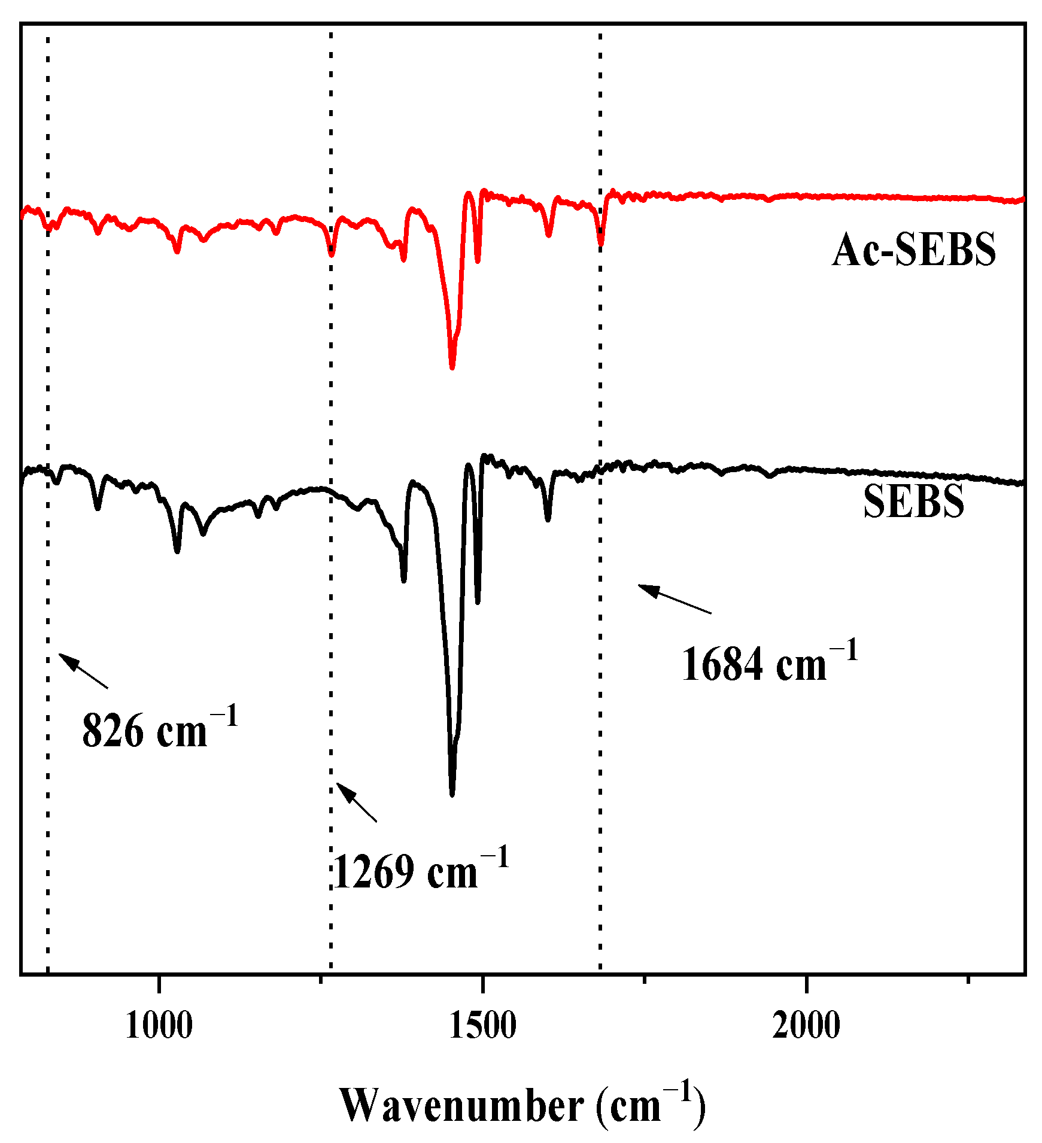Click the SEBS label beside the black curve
913,501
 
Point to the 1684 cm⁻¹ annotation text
770,662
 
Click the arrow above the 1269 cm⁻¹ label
357,802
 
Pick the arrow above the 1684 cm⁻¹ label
675,598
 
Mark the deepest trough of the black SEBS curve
452,794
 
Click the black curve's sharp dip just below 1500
478,601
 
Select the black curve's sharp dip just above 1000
177,551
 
